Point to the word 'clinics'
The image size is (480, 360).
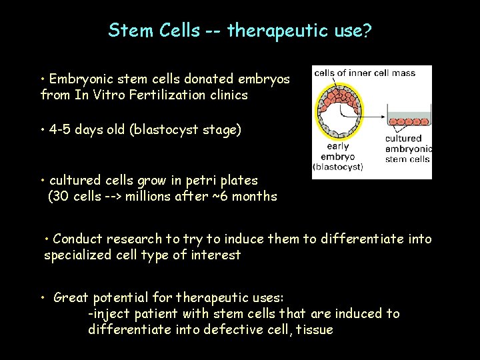point(228,95)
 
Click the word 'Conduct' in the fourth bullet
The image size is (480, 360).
point(76,239)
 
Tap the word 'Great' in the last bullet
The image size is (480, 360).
point(71,297)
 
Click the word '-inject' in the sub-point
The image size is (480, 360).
point(109,313)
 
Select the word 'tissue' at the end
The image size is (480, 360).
point(314,329)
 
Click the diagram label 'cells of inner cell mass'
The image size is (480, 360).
point(364,73)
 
